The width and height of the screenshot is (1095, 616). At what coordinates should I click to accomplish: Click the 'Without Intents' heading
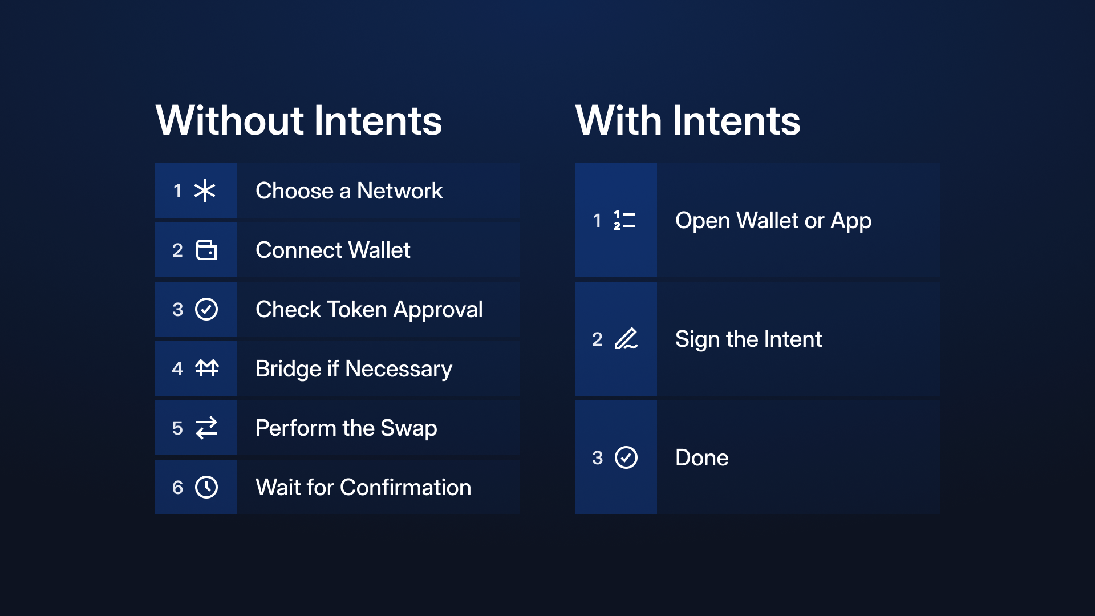pyautogui.click(x=299, y=120)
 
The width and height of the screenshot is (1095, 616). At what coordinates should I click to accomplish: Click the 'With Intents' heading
pyautogui.click(x=688, y=120)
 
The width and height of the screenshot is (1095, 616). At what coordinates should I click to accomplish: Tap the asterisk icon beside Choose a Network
pyautogui.click(x=205, y=191)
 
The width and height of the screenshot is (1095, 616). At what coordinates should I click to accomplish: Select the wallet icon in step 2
pyautogui.click(x=206, y=250)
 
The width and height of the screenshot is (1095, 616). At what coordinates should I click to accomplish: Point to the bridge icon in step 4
pyautogui.click(x=207, y=368)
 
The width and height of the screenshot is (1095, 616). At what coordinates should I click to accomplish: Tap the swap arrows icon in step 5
pyautogui.click(x=206, y=428)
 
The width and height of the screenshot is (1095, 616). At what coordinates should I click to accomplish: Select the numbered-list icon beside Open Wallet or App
pyautogui.click(x=624, y=220)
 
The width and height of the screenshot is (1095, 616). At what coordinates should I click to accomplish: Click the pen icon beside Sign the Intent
pyautogui.click(x=626, y=339)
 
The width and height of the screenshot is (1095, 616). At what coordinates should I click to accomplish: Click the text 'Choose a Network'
pyautogui.click(x=349, y=191)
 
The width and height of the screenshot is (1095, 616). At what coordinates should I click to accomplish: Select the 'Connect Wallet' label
pyautogui.click(x=333, y=250)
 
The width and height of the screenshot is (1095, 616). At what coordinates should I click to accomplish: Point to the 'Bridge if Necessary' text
pyautogui.click(x=354, y=369)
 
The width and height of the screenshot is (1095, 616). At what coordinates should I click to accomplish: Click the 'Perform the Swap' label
pyautogui.click(x=347, y=428)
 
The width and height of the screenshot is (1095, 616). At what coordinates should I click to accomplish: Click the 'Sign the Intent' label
pyautogui.click(x=749, y=339)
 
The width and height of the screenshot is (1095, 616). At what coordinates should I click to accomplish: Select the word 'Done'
pyautogui.click(x=702, y=457)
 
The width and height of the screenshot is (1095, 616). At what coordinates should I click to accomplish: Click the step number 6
pyautogui.click(x=177, y=487)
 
